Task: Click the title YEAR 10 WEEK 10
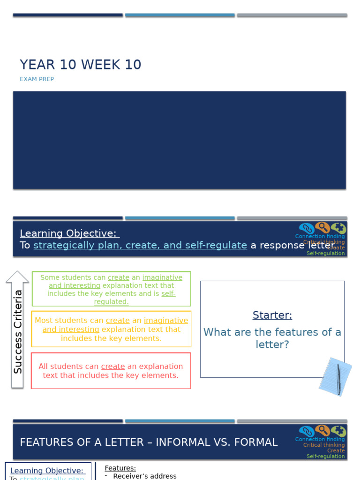80,65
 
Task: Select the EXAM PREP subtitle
37,79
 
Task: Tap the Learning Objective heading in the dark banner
69,233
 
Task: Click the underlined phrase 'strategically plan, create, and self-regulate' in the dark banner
140,245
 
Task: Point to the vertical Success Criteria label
18,331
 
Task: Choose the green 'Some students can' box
111,289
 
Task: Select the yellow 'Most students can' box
111,329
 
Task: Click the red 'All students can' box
111,371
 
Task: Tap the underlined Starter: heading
272,315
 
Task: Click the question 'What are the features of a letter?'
272,338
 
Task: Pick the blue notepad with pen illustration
335,376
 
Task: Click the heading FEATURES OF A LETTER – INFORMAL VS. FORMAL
149,442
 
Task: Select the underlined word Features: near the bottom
120,468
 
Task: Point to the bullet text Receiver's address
145,476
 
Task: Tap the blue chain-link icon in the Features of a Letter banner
307,431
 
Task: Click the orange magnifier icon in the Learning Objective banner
322,228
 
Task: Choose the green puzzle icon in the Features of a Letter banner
338,431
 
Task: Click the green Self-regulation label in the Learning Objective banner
325,253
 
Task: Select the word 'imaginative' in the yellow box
166,321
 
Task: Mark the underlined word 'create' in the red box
113,367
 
